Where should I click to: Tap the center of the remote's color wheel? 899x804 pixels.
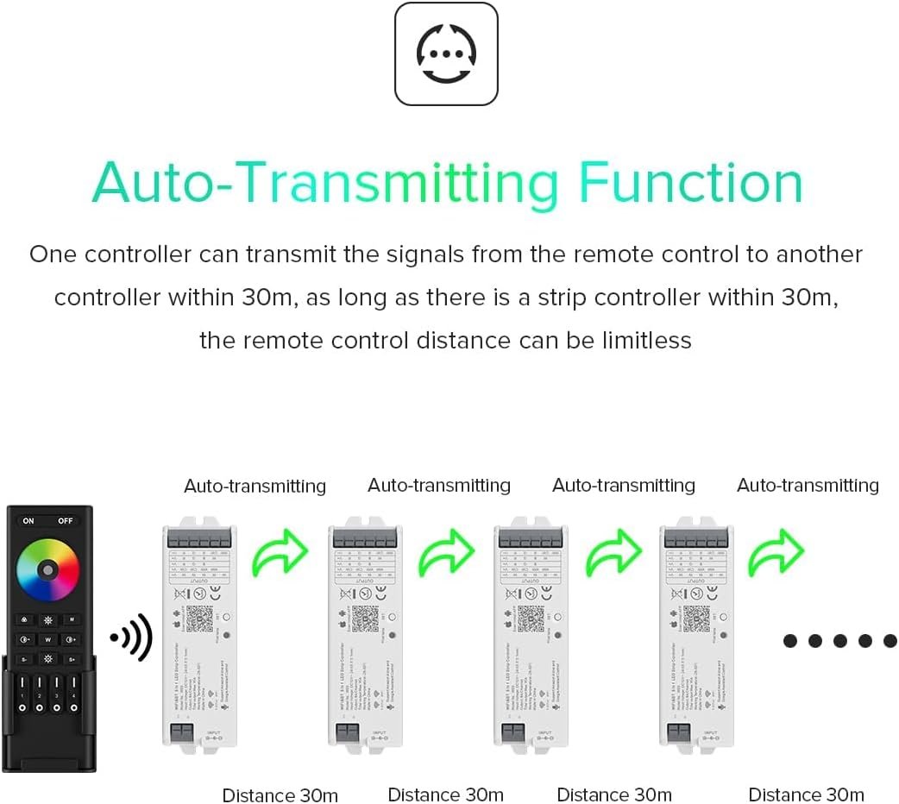click(x=48, y=569)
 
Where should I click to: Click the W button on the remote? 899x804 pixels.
click(x=48, y=639)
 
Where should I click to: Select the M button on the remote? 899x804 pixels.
click(x=72, y=619)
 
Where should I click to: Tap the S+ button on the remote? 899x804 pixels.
click(x=72, y=659)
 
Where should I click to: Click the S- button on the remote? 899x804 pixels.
click(x=24, y=659)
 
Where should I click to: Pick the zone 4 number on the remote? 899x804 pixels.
click(x=73, y=695)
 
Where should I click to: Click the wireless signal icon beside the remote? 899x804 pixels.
click(x=131, y=638)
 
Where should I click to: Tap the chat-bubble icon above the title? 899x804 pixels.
click(x=446, y=53)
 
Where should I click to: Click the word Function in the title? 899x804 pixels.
click(x=690, y=183)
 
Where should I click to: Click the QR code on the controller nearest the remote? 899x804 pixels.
click(x=198, y=618)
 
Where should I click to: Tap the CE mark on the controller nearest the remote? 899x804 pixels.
click(x=204, y=594)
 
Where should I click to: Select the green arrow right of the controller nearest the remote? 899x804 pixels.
click(x=280, y=552)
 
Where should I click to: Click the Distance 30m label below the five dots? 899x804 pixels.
click(x=806, y=795)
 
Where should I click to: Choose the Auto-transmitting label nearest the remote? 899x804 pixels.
click(x=255, y=486)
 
